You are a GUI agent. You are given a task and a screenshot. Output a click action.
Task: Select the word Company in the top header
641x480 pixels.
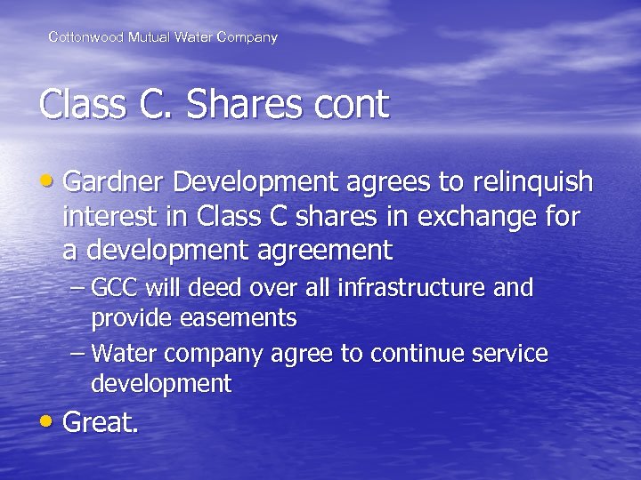[x=247, y=37]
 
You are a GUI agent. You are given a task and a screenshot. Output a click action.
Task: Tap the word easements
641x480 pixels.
[x=238, y=317]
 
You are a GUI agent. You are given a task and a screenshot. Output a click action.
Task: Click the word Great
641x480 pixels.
[x=101, y=422]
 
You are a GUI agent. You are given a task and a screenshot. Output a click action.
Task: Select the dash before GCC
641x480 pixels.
[x=77, y=289]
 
